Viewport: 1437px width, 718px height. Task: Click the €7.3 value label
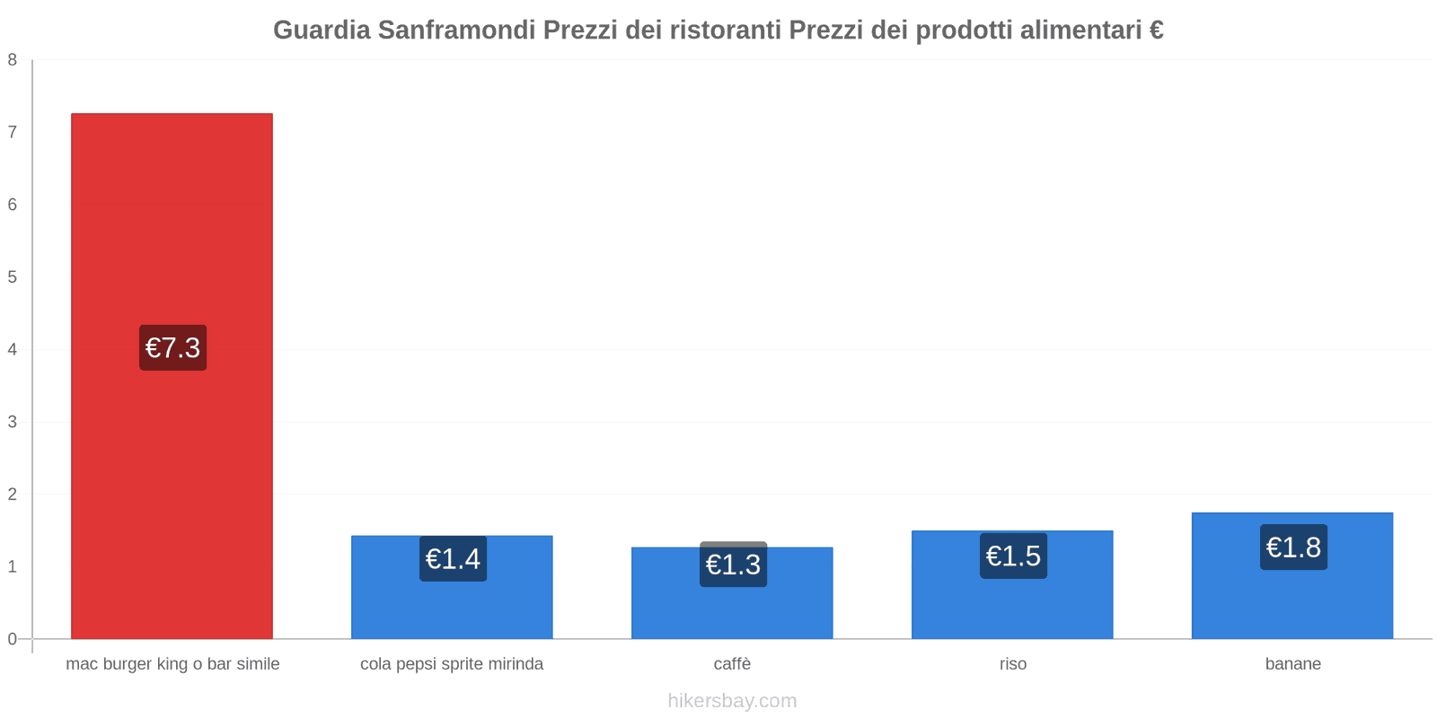coord(172,347)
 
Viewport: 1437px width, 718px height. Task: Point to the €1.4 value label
coord(453,559)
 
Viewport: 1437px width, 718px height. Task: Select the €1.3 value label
coord(733,565)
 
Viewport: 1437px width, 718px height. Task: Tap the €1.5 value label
coord(1013,556)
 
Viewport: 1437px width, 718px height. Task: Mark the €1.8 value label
coord(1293,547)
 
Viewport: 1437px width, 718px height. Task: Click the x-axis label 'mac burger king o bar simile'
coord(172,664)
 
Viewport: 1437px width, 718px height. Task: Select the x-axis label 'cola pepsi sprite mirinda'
coord(452,664)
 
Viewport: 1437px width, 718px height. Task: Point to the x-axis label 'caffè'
coord(732,664)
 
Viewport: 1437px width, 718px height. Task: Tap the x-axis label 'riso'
coord(1012,664)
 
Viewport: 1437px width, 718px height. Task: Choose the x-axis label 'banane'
coord(1292,664)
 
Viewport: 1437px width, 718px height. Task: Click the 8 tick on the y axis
coord(13,60)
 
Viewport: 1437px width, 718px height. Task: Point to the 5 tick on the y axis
coord(13,277)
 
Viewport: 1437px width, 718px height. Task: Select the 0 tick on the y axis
coord(13,639)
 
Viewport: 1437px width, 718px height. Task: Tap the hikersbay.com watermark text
coord(732,701)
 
